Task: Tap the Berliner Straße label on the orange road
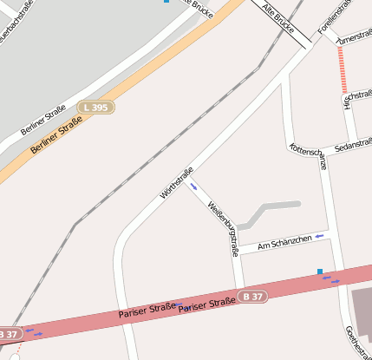[x=55, y=137]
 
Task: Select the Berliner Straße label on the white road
[x=43, y=113]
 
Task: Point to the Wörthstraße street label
[x=176, y=183]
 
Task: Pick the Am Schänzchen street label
[x=284, y=241]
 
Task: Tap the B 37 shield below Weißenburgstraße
[x=252, y=298]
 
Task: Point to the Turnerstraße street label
[x=354, y=40]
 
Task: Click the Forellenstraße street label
[x=334, y=19]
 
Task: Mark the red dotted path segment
[x=343, y=69]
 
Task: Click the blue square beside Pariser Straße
[x=320, y=272]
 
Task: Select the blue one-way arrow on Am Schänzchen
[x=320, y=235]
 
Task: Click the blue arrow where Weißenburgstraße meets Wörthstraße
[x=194, y=186]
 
